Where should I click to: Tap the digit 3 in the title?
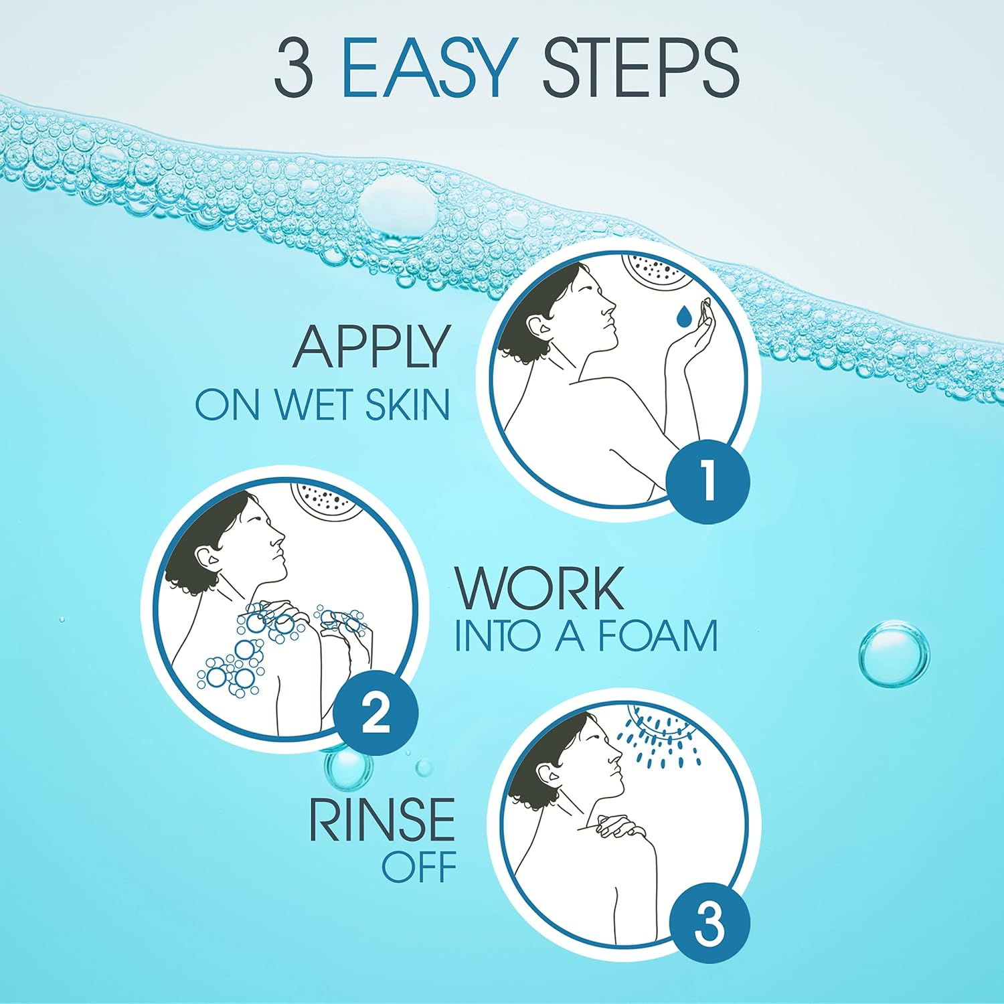(x=293, y=67)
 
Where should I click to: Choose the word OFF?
(x=419, y=867)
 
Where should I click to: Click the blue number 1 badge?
(x=708, y=481)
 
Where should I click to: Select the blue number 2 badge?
(x=375, y=714)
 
